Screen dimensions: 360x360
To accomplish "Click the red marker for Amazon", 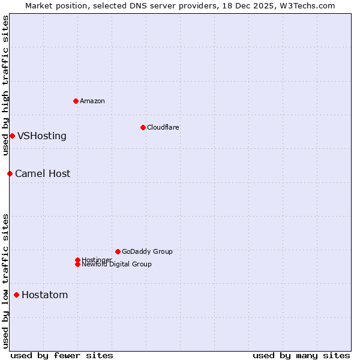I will pos(76,101).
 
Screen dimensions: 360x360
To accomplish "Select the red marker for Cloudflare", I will pos(143,127).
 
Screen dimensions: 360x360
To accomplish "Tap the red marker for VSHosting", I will pos(12,136).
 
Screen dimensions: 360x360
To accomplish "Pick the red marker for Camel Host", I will pos(10,173).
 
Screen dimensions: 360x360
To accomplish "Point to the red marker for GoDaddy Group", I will pos(118,251).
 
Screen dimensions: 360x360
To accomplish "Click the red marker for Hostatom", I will pos(16,295).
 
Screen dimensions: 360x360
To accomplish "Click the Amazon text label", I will pos(92,101).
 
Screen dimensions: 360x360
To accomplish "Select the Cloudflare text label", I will pos(163,127).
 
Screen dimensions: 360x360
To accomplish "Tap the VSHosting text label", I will pos(42,136).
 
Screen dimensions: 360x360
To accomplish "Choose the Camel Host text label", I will pos(43,173).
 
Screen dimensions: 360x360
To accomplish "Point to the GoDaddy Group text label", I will pos(147,251).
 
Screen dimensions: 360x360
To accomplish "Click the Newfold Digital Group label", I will pos(116,265).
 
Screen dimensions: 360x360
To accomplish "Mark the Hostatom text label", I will pos(45,295).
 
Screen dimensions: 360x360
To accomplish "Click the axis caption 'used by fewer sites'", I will pos(62,355).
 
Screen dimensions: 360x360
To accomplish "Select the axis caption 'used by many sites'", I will pos(301,355).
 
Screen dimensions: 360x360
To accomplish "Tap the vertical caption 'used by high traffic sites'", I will pos(5,86).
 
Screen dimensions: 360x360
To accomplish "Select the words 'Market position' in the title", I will pos(53,5).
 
